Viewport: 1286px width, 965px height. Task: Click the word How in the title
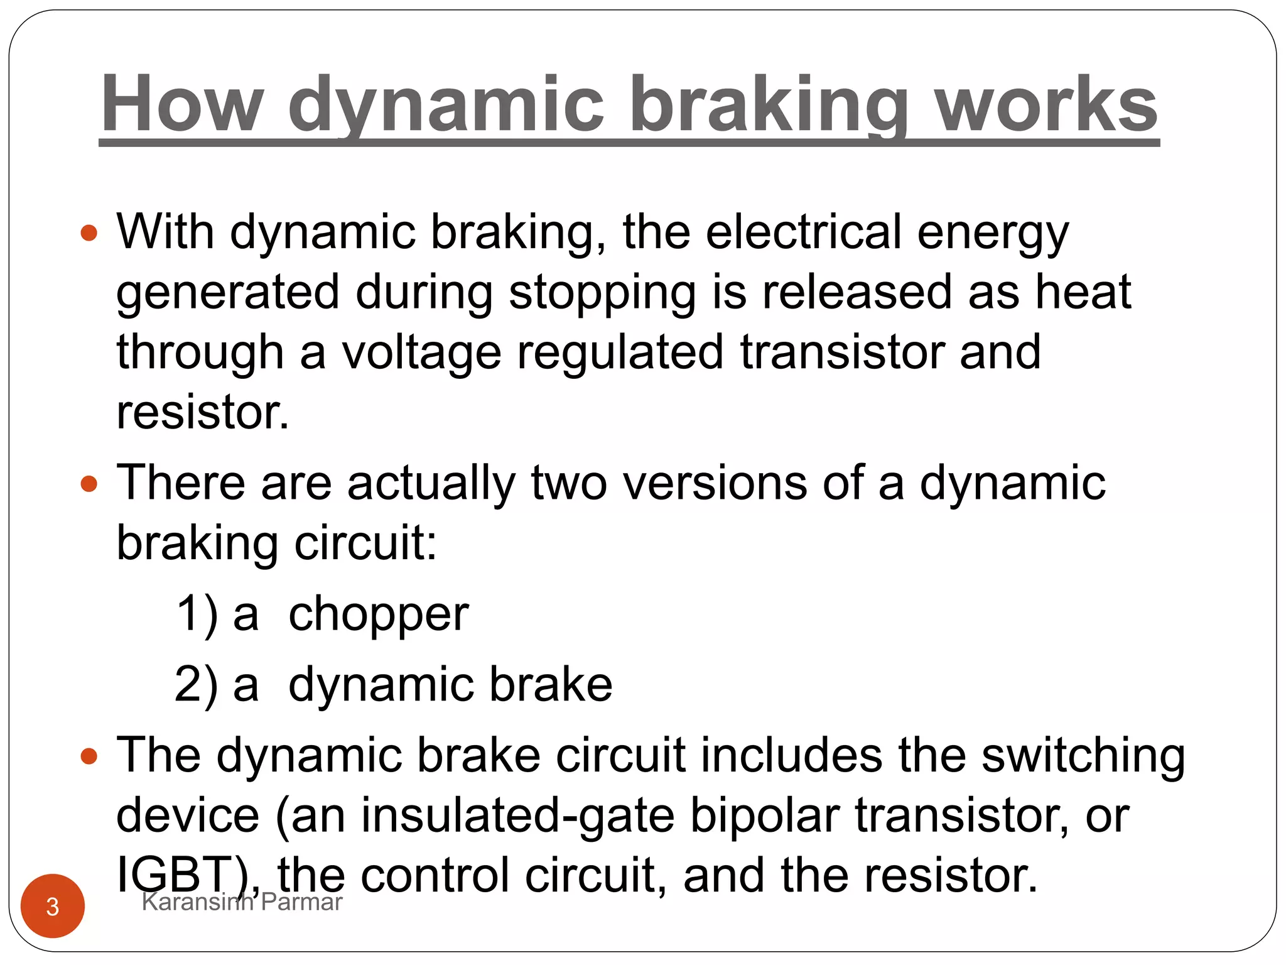click(x=181, y=104)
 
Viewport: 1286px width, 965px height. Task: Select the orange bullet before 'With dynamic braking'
click(x=90, y=233)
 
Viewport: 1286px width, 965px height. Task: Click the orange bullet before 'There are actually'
click(x=90, y=484)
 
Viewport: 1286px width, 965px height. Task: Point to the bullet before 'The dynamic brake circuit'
click(x=90, y=756)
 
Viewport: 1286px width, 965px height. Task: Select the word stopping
click(x=602, y=293)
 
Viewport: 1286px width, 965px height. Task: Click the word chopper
click(x=378, y=614)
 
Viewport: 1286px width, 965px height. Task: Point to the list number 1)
click(x=197, y=614)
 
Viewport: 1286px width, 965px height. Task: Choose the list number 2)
click(x=197, y=684)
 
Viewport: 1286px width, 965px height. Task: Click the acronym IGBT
click(x=182, y=875)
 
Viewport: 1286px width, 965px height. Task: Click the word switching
click(x=1083, y=756)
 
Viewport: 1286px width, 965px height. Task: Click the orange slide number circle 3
click(x=53, y=906)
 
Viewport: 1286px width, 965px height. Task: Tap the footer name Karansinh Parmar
click(x=242, y=902)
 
